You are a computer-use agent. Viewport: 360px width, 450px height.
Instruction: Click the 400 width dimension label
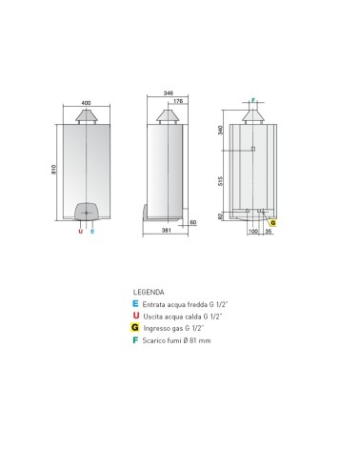click(x=86, y=103)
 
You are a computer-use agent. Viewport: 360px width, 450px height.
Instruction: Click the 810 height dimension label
click(x=53, y=169)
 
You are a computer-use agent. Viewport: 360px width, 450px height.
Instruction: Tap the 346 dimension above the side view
click(x=169, y=93)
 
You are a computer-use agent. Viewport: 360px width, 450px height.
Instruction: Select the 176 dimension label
click(x=178, y=101)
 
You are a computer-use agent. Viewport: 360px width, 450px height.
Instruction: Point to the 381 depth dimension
click(x=167, y=230)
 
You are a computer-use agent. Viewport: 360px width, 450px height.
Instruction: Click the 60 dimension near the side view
click(x=193, y=222)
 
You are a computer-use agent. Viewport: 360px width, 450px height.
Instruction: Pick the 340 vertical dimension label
click(x=221, y=130)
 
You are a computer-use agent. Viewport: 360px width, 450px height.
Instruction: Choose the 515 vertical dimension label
click(x=221, y=181)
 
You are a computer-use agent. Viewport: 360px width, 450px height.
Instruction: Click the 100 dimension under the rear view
click(x=252, y=232)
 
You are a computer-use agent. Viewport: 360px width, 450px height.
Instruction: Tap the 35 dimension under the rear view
click(x=269, y=232)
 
